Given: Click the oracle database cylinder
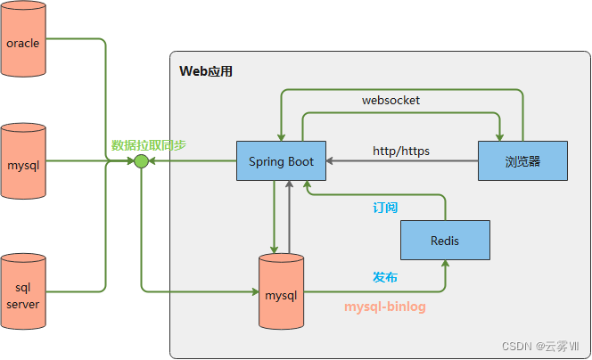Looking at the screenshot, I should (x=23, y=43).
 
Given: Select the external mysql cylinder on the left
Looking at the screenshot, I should (x=23, y=165).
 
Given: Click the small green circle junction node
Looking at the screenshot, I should (x=140, y=161).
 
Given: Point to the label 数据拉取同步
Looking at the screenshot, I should (x=149, y=145).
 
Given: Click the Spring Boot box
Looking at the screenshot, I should (x=281, y=161).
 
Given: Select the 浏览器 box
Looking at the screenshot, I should (x=522, y=161).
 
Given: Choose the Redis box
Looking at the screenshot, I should (x=445, y=241).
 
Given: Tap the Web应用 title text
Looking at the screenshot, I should (x=206, y=71).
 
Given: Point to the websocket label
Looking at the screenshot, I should (x=391, y=101).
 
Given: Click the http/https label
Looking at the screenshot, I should (x=401, y=151).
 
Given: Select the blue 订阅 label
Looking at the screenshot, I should (x=385, y=208).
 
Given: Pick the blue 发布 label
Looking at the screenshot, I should (x=385, y=277).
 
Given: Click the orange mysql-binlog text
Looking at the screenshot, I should (x=385, y=307).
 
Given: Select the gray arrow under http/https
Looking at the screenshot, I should (x=401, y=162).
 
